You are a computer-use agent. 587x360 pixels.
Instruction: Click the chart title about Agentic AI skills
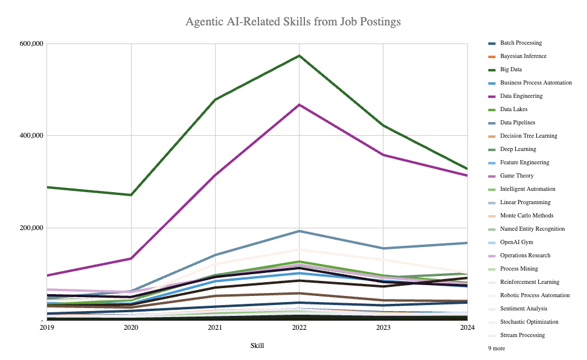pos(293,22)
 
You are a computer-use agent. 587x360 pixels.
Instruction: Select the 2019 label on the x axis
pos(47,328)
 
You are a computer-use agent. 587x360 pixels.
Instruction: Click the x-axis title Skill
pos(257,346)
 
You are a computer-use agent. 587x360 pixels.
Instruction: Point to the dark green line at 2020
pos(131,194)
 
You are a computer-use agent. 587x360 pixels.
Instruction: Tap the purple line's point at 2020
pos(131,259)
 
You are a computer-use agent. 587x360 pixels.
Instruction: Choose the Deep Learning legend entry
pos(518,149)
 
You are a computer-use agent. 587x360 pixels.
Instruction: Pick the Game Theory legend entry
pos(516,176)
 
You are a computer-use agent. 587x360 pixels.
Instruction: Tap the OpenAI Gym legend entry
pos(517,242)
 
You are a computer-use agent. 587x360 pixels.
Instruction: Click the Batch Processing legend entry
pos(521,43)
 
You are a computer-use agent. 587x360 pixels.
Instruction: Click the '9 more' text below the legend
pos(496,349)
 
